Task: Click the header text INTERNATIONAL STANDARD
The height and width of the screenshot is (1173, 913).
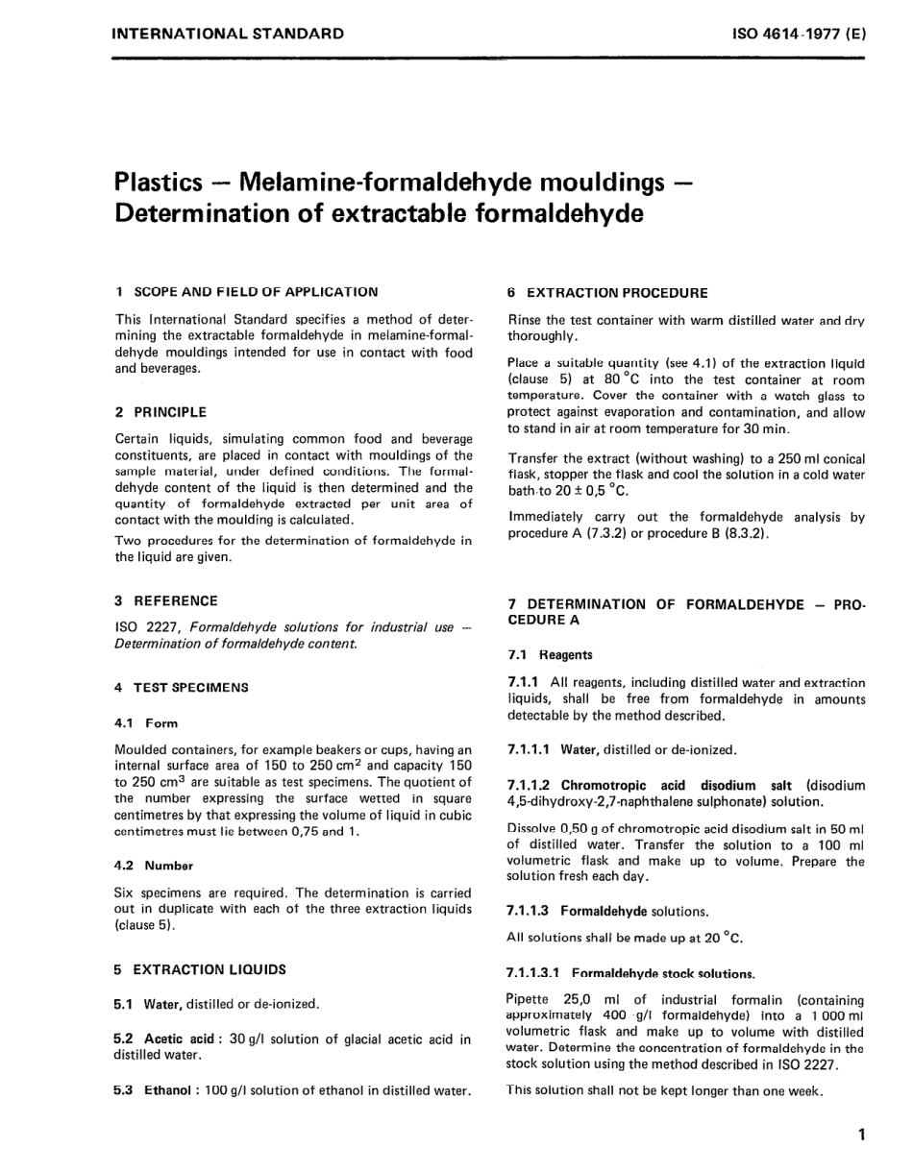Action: click(228, 34)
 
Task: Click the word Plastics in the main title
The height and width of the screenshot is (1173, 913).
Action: click(159, 181)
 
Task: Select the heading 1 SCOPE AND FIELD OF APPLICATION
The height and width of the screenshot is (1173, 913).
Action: click(246, 291)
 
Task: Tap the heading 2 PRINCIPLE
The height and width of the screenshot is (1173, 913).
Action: click(160, 412)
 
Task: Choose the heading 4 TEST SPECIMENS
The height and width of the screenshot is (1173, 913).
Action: click(181, 687)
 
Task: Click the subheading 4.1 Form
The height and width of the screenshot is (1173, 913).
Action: click(146, 723)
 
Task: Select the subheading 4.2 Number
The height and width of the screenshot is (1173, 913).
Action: click(154, 865)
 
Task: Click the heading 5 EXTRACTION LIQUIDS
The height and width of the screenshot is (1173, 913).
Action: click(200, 969)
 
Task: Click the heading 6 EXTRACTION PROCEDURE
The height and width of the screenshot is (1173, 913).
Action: click(607, 292)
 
